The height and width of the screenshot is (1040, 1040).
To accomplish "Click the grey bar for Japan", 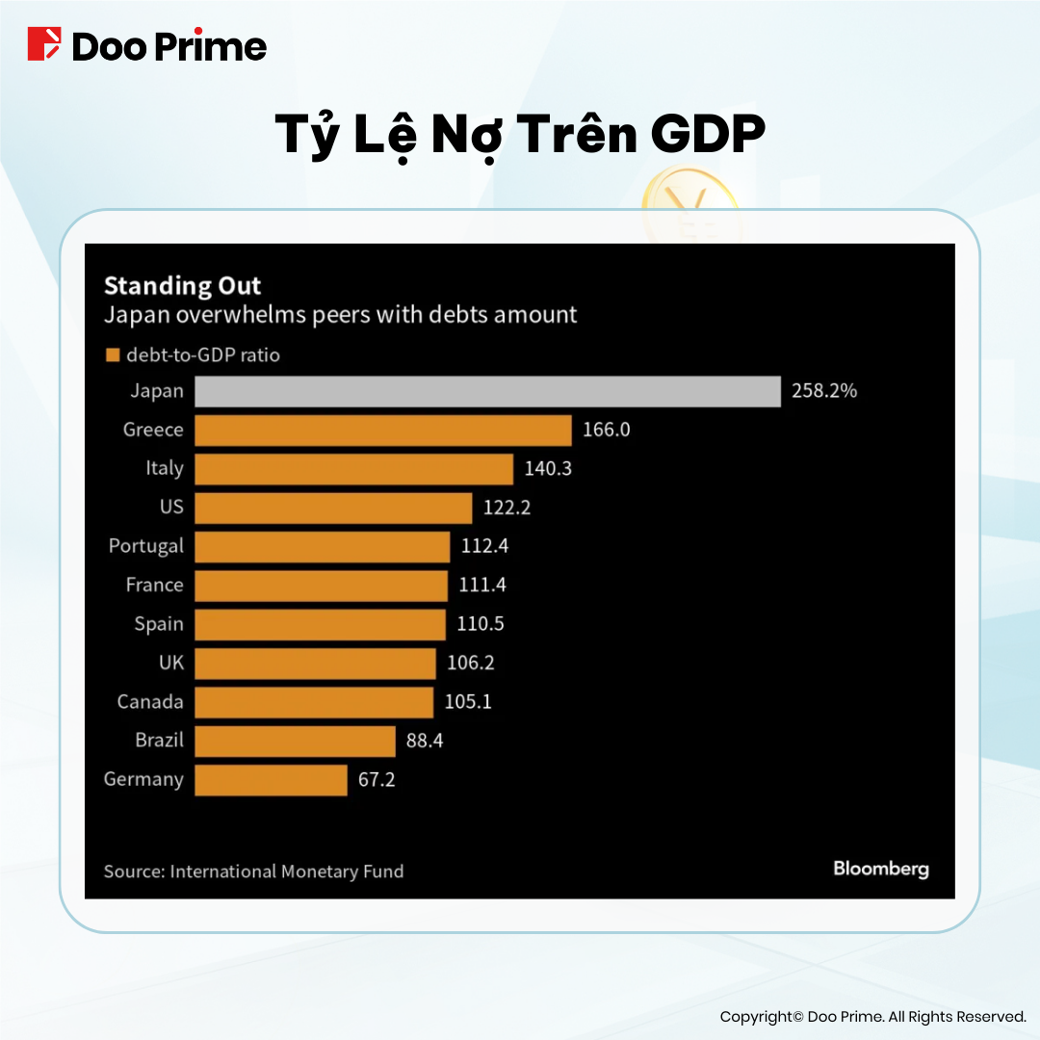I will point(487,392).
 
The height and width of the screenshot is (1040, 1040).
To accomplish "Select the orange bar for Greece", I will point(383,429).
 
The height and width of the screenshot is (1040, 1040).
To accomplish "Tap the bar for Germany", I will point(271,780).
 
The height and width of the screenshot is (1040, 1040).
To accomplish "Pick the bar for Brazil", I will point(295,741).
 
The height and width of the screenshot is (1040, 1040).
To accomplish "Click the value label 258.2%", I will point(824,392).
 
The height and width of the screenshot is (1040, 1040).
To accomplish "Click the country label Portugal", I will point(145,546).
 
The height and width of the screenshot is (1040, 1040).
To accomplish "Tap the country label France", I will point(154,585).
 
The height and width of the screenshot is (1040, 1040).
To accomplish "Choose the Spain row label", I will point(159,624).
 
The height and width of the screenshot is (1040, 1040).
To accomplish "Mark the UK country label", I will point(170,663).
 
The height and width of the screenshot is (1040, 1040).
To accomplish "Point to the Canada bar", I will point(314,702).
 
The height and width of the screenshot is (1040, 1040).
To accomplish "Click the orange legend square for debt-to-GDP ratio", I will point(112,355).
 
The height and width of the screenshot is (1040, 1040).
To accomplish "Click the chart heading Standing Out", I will point(182,286).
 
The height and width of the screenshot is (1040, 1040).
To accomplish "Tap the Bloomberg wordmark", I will point(880,870).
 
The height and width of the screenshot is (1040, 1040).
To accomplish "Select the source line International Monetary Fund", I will point(253,871).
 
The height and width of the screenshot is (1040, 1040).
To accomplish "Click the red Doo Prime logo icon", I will point(43,45).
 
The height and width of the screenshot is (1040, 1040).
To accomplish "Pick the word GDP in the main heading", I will point(708,136).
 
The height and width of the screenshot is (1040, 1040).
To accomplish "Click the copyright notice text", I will point(872,1017).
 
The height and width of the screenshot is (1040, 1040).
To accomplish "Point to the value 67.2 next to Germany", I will point(377,780).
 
